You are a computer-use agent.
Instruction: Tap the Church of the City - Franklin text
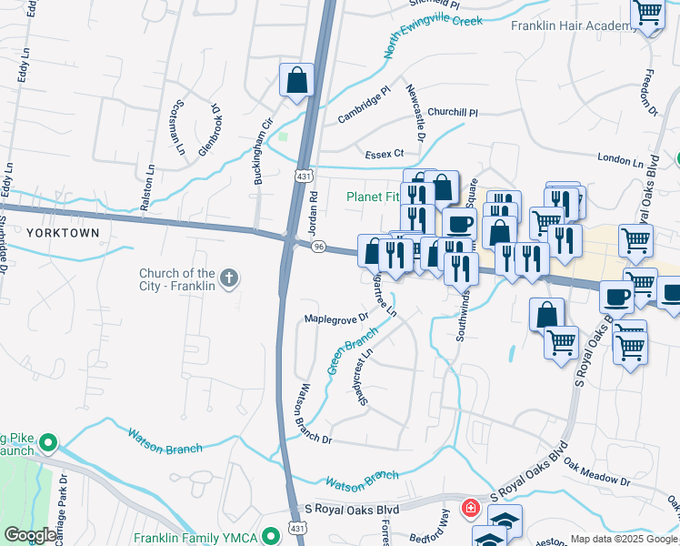click(177, 279)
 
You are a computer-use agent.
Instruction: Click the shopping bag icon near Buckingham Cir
click(296, 81)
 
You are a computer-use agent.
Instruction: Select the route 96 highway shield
click(318, 248)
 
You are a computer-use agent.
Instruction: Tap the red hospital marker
click(471, 508)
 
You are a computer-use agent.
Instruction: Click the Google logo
click(30, 535)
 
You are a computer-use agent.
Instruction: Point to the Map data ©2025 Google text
click(625, 539)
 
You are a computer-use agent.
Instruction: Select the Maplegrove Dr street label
click(336, 318)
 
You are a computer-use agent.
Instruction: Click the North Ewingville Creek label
click(432, 35)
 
